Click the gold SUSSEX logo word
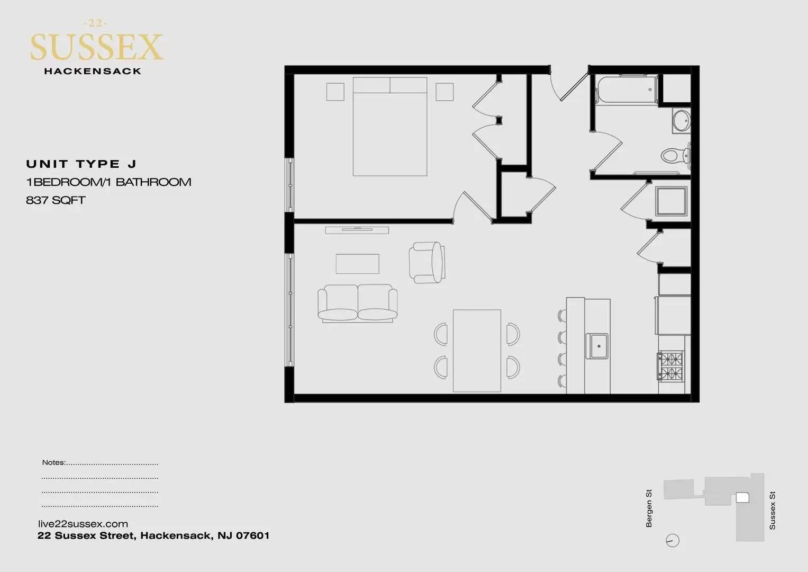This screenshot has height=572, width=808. (x=97, y=47)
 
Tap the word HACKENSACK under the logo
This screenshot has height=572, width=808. (x=93, y=71)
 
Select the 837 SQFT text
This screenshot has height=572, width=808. (x=56, y=200)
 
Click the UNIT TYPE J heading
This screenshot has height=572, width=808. (x=81, y=164)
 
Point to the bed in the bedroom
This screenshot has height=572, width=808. (x=390, y=127)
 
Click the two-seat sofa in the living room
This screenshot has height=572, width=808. (x=358, y=303)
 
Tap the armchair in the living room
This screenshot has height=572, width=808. (x=426, y=263)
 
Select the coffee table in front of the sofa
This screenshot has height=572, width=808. (x=358, y=264)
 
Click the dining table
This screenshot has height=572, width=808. (x=477, y=351)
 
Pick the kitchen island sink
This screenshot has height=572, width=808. (x=597, y=346)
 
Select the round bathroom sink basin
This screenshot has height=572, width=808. (x=682, y=121)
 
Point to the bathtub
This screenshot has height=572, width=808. (x=627, y=90)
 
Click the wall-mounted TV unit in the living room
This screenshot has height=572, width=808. (x=357, y=230)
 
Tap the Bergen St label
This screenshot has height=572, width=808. (x=649, y=508)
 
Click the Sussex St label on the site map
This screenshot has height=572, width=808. (x=773, y=511)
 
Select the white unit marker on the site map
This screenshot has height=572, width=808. (x=742, y=498)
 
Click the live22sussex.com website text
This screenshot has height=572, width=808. (x=83, y=524)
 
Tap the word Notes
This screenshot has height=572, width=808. (x=53, y=462)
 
